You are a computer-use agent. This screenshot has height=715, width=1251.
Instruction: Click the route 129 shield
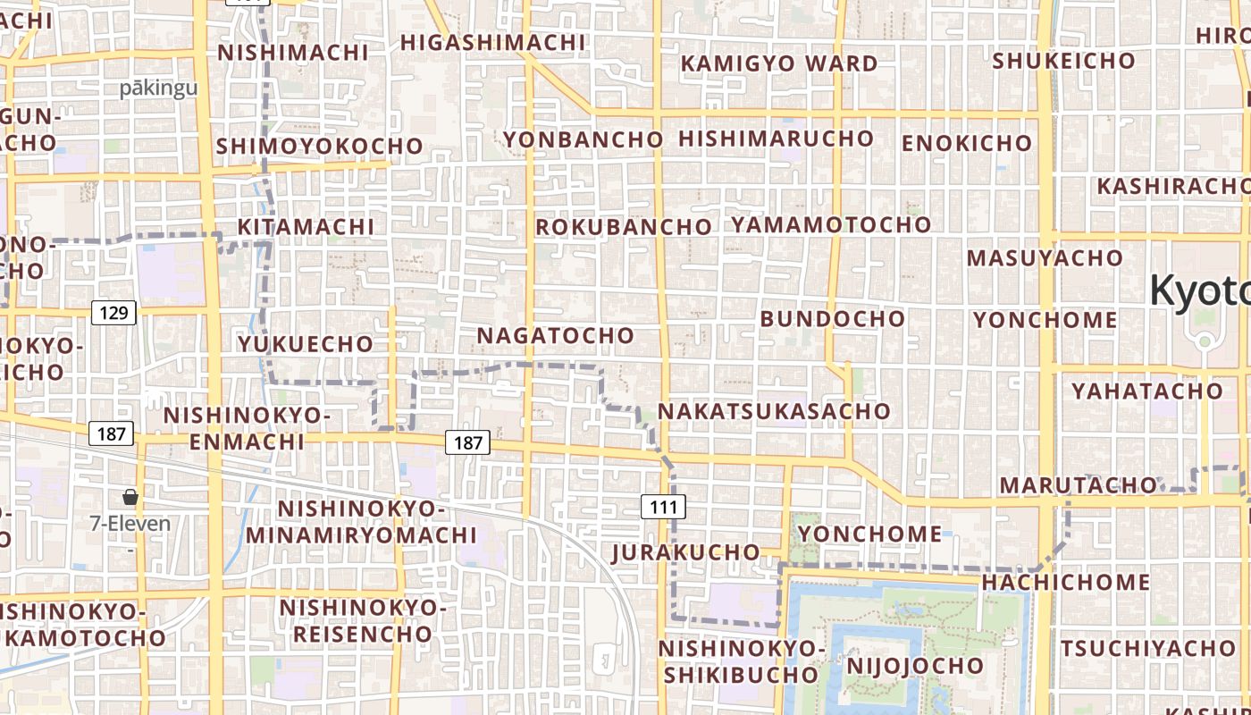(x=113, y=313)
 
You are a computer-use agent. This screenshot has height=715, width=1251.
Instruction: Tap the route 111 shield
(x=663, y=508)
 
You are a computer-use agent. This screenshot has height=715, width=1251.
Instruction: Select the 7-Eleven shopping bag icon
(x=130, y=497)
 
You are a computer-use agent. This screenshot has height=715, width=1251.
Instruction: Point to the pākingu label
(x=158, y=88)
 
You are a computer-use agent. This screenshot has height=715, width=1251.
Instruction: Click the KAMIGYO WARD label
(x=779, y=63)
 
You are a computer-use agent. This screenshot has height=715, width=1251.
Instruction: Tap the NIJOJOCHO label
(x=914, y=666)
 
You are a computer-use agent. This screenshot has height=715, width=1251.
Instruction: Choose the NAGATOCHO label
(x=556, y=335)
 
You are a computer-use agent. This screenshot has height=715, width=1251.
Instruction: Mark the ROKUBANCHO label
(x=623, y=227)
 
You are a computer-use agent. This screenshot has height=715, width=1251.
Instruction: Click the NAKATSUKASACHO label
(x=774, y=411)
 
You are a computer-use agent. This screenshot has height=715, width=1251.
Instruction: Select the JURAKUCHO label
(x=685, y=552)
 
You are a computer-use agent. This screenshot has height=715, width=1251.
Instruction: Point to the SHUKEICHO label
(x=1063, y=61)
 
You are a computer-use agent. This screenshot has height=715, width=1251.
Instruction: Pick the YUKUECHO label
(x=305, y=343)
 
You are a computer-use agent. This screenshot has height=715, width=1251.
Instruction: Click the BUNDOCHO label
(x=832, y=318)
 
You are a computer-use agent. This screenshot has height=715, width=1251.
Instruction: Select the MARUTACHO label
(x=1078, y=485)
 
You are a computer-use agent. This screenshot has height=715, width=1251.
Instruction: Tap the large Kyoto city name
(x=1200, y=290)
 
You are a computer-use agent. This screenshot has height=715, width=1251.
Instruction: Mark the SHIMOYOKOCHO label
(x=319, y=146)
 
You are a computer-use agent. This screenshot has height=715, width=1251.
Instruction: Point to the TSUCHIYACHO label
(x=1147, y=648)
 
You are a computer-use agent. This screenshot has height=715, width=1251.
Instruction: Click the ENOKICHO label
(x=966, y=143)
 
